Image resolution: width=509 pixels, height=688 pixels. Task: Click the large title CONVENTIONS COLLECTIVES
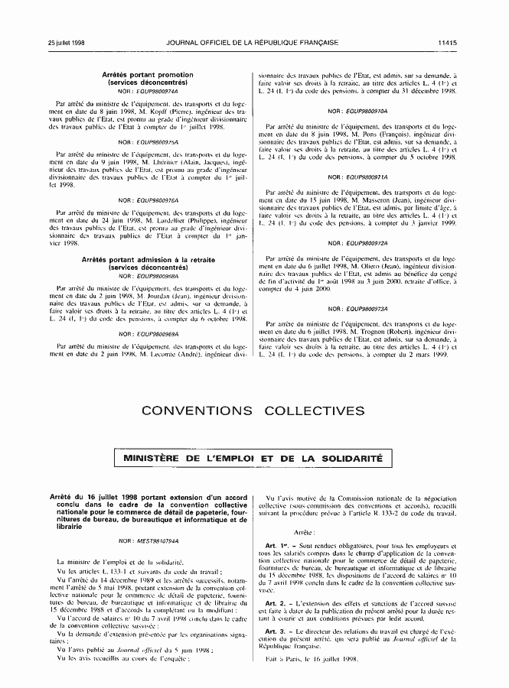pos(253,411)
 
